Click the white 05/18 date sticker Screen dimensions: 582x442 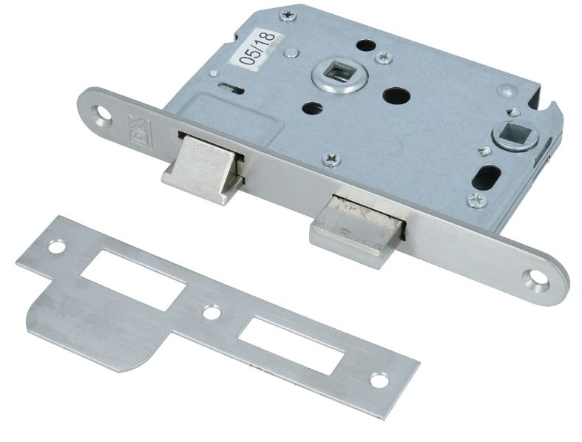coord(257,48)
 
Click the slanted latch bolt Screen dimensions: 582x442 coord(203,169)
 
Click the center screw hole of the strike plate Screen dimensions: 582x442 coord(212,313)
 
